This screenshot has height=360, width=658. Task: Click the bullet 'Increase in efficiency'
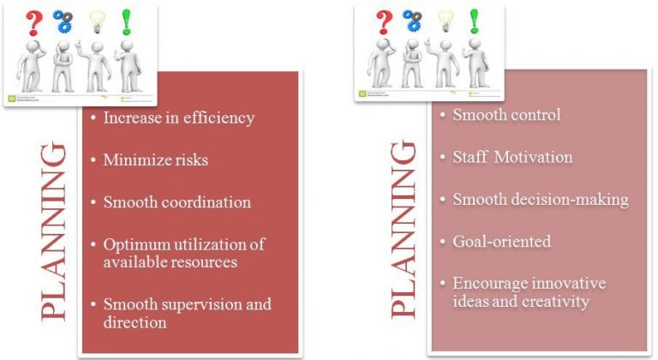click(x=178, y=117)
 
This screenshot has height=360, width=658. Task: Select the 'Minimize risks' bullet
click(x=155, y=159)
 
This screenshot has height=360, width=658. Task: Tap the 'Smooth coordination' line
click(x=176, y=202)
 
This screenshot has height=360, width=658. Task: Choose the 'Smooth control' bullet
click(x=506, y=114)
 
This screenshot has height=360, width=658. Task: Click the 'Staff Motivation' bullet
click(x=512, y=157)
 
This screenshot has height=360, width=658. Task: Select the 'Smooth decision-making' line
click(x=540, y=199)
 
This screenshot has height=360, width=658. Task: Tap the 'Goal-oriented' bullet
click(x=501, y=241)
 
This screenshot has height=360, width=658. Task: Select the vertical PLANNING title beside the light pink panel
click(x=404, y=231)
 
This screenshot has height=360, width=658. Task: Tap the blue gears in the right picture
click(x=413, y=20)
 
